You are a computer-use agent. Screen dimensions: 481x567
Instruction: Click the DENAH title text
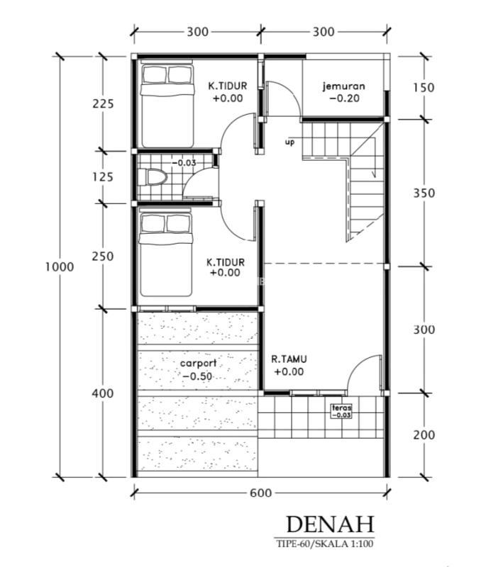[330, 524]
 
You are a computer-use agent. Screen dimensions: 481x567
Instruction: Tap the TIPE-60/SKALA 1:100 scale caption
[324, 544]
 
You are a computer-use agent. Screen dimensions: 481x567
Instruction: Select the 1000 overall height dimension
[60, 267]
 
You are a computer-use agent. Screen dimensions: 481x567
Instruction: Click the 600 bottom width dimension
[260, 493]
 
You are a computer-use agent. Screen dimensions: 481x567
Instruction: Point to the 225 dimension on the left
[103, 103]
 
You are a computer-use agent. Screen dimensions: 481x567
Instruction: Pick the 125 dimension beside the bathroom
[103, 177]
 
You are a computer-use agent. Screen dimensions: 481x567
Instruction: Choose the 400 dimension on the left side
[102, 393]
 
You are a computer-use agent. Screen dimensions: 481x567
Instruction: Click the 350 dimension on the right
[424, 193]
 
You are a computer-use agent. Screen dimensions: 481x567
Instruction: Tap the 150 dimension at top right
[424, 87]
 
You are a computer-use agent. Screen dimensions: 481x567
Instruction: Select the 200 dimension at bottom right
[424, 434]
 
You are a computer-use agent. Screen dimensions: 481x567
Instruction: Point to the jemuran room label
[344, 86]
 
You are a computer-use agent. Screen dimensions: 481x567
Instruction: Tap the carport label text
[199, 363]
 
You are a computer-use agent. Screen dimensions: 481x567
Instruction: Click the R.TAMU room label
[289, 359]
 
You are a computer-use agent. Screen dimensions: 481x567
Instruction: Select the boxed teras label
[341, 411]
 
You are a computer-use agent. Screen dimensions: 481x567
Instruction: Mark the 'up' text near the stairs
[289, 142]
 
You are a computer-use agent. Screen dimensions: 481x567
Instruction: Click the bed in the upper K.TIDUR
[167, 104]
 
